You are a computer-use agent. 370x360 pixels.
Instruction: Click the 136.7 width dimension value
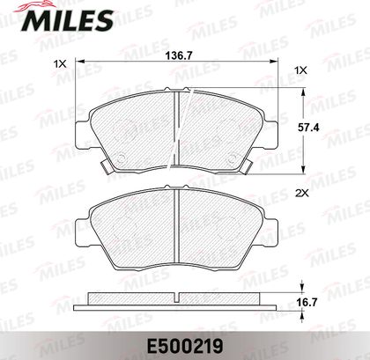click(179, 55)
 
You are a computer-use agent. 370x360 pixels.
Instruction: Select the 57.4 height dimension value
click(308, 128)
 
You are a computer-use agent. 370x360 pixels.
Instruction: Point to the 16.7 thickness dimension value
click(307, 302)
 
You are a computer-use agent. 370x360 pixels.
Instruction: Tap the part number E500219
click(185, 347)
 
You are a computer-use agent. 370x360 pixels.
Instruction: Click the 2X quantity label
click(301, 193)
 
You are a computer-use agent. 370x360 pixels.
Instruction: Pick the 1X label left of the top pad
click(60, 63)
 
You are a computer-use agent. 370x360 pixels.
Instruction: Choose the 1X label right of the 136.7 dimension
click(301, 70)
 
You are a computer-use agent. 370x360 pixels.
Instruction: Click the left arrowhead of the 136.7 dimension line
click(80, 61)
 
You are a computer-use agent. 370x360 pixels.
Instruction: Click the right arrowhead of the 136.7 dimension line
click(274, 61)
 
